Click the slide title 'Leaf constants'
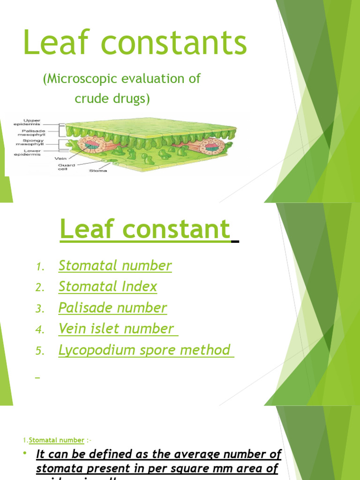pyautogui.click(x=135, y=43)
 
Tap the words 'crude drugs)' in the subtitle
pyautogui.click(x=112, y=99)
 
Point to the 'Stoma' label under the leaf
pyautogui.click(x=98, y=171)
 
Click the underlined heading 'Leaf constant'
pyautogui.click(x=145, y=230)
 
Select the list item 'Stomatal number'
pyautogui.click(x=115, y=266)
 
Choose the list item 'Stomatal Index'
pyautogui.click(x=107, y=287)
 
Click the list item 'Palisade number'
pyautogui.click(x=112, y=308)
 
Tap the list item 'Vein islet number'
pyautogui.click(x=116, y=329)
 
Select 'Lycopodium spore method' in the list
pyautogui.click(x=144, y=350)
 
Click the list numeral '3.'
pyautogui.click(x=40, y=309)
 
